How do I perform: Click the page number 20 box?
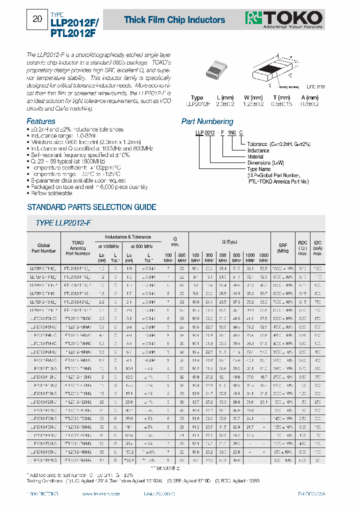(x=37, y=19)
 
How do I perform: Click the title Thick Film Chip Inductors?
(x=174, y=20)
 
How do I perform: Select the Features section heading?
(x=40, y=121)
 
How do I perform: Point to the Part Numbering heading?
(x=207, y=121)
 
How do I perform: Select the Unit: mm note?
(x=315, y=87)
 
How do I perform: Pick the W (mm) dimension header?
(x=253, y=97)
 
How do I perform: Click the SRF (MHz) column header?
(x=283, y=247)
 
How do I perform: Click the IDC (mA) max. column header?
(x=317, y=247)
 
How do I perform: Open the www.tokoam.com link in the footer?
(x=105, y=493)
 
